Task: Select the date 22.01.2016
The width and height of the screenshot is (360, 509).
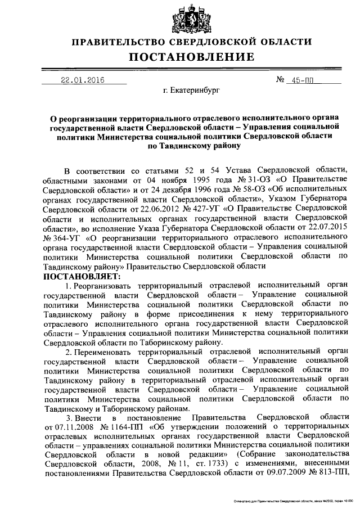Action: point(83,80)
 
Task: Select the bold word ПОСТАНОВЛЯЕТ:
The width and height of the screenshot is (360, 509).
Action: point(82,277)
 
